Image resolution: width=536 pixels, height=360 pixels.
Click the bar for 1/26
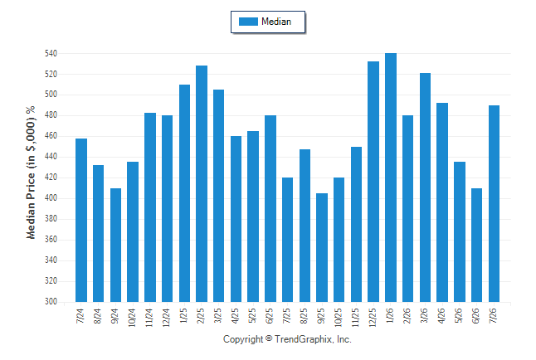pyautogui.click(x=391, y=178)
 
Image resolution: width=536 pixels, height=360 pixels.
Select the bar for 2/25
pyautogui.click(x=202, y=183)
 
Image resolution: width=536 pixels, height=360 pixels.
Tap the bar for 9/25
pyautogui.click(x=322, y=247)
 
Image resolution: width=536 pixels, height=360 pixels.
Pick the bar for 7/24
pyautogui.click(x=81, y=220)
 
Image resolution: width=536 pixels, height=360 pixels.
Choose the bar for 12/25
pyautogui.click(x=373, y=182)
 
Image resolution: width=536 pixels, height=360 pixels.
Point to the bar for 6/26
pyautogui.click(x=476, y=246)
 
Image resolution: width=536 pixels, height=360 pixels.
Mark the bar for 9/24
pyautogui.click(x=115, y=246)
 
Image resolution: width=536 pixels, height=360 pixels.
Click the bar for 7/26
pyautogui.click(x=494, y=204)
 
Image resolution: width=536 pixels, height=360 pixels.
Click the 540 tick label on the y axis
pyautogui.click(x=51, y=53)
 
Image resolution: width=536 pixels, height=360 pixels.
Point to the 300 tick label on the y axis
pyautogui.click(x=51, y=302)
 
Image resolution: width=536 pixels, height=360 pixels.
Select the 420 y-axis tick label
pyautogui.click(x=51, y=178)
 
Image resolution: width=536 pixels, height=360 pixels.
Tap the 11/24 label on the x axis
pyautogui.click(x=149, y=318)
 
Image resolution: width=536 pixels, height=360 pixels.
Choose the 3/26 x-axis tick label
pyautogui.click(x=424, y=315)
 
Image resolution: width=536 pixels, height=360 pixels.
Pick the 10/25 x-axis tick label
pyautogui.click(x=339, y=318)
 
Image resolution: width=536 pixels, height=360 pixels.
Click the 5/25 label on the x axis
pyautogui.click(x=252, y=315)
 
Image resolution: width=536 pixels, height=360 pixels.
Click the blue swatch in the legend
pyautogui.click(x=248, y=22)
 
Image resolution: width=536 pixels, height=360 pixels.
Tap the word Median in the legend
pyautogui.click(x=276, y=22)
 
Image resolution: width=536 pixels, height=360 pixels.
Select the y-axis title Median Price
pyautogui.click(x=31, y=206)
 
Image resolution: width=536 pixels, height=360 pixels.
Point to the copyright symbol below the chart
pyautogui.click(x=269, y=338)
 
